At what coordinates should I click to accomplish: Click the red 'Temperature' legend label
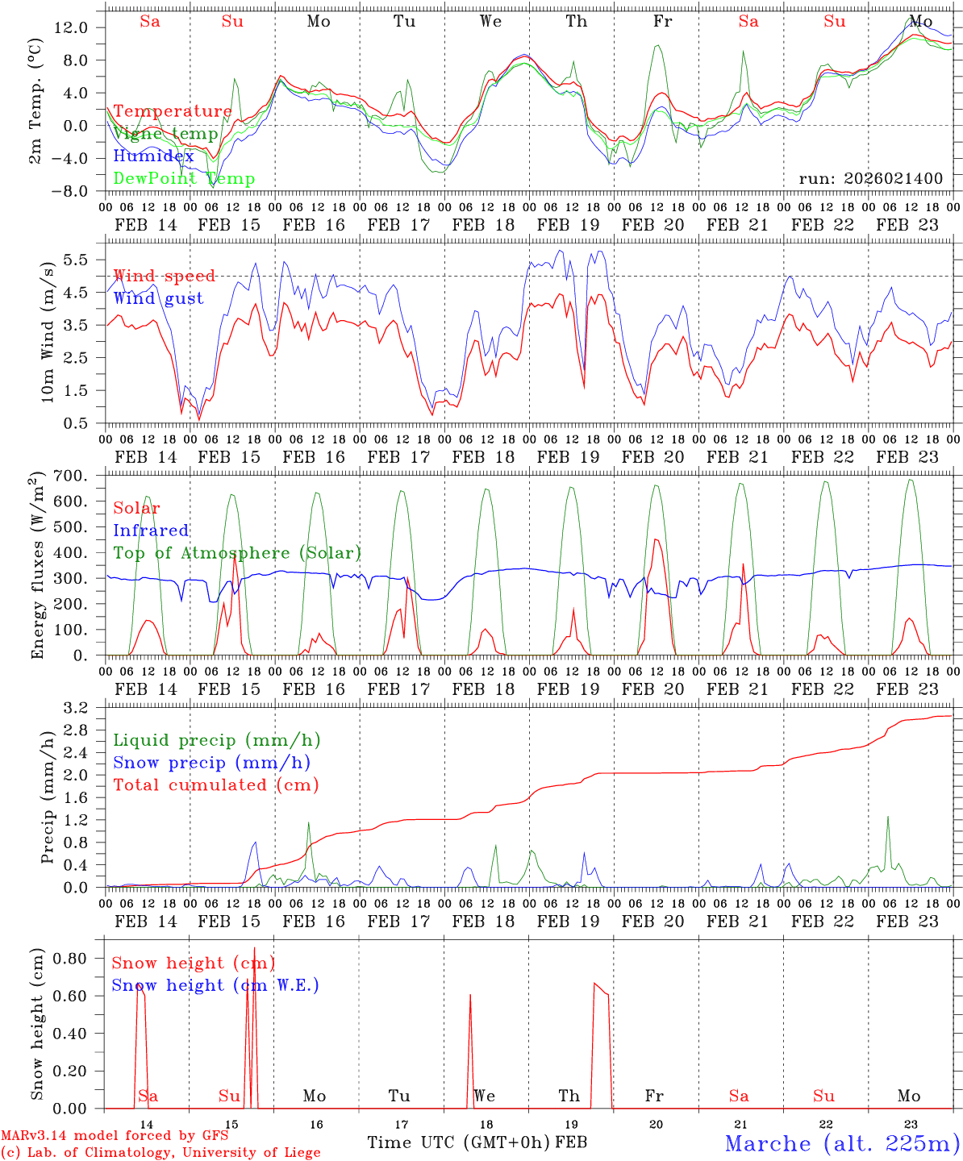(173, 111)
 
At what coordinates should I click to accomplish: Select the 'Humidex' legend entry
(153, 156)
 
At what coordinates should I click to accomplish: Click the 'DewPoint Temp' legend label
(184, 178)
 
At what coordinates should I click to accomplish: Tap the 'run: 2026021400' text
(871, 178)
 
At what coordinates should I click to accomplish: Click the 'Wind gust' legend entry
(158, 298)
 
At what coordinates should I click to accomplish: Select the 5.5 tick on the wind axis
(79, 260)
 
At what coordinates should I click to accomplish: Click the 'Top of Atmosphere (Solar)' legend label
(237, 553)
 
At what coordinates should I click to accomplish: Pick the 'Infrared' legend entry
(151, 531)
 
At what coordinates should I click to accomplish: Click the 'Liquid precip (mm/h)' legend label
(217, 740)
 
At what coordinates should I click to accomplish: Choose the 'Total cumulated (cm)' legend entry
(216, 784)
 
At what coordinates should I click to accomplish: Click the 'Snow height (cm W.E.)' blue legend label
(215, 985)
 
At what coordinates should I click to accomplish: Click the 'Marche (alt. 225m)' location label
(842, 1143)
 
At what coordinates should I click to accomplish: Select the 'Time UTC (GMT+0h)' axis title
(459, 1142)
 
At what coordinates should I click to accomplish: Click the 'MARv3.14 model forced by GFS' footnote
(115, 1135)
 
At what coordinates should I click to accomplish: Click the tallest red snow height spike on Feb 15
(254, 950)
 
